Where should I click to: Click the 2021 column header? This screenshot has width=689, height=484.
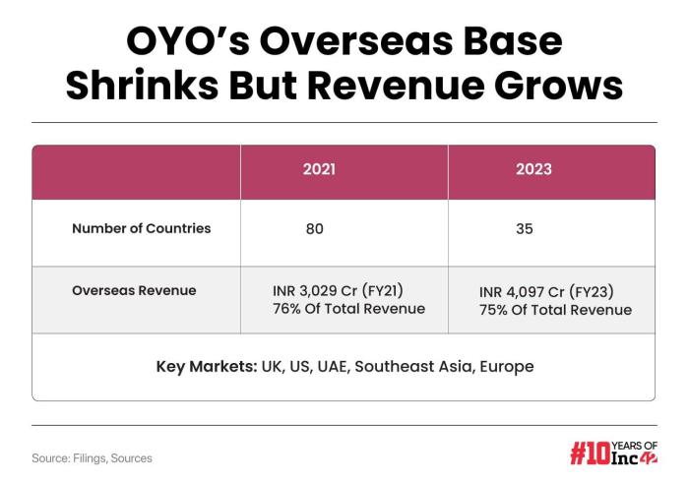click(x=318, y=169)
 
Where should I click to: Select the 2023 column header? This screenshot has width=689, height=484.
click(x=533, y=169)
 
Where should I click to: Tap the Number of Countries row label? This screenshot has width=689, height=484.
click(x=141, y=228)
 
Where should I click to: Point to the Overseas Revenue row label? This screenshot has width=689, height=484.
click(x=134, y=291)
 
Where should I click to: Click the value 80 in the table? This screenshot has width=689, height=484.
click(x=314, y=229)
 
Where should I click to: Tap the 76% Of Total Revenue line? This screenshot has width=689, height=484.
click(x=348, y=309)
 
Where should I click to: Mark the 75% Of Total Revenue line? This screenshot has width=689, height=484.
click(x=555, y=309)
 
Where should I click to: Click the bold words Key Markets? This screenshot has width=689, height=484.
click(x=206, y=367)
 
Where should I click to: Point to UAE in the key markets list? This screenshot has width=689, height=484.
click(x=331, y=367)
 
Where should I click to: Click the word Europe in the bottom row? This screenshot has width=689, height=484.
click(x=506, y=367)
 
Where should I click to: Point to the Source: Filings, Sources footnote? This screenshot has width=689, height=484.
click(x=92, y=457)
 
